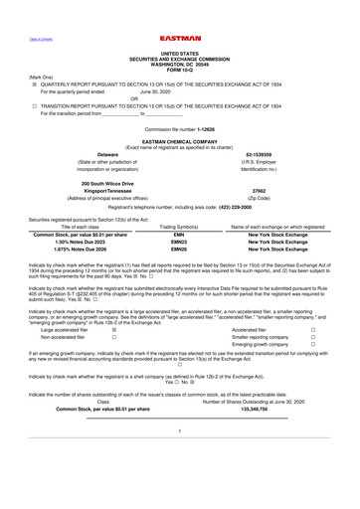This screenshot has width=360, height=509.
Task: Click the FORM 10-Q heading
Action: (179, 69)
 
